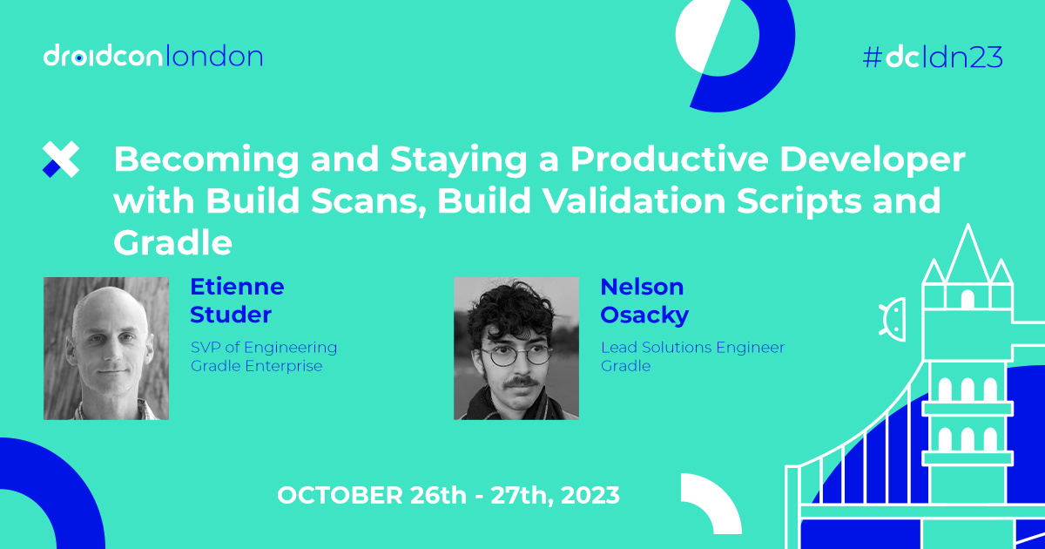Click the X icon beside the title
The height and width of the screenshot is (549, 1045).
(61, 159)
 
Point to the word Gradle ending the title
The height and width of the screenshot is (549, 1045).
(172, 243)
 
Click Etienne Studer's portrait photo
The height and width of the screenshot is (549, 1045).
(106, 349)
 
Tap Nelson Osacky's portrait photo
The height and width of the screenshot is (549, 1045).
(516, 349)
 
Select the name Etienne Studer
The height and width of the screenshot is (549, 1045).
(237, 301)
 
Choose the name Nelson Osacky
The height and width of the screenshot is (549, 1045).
(644, 301)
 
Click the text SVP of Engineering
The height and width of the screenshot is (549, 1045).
(264, 348)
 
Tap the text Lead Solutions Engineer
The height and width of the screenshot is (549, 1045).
(692, 348)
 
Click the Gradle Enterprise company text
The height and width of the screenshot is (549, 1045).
(257, 366)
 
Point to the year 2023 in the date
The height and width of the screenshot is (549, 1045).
(590, 496)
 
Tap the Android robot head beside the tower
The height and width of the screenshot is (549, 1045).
(895, 313)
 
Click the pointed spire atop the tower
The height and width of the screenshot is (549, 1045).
(967, 248)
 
